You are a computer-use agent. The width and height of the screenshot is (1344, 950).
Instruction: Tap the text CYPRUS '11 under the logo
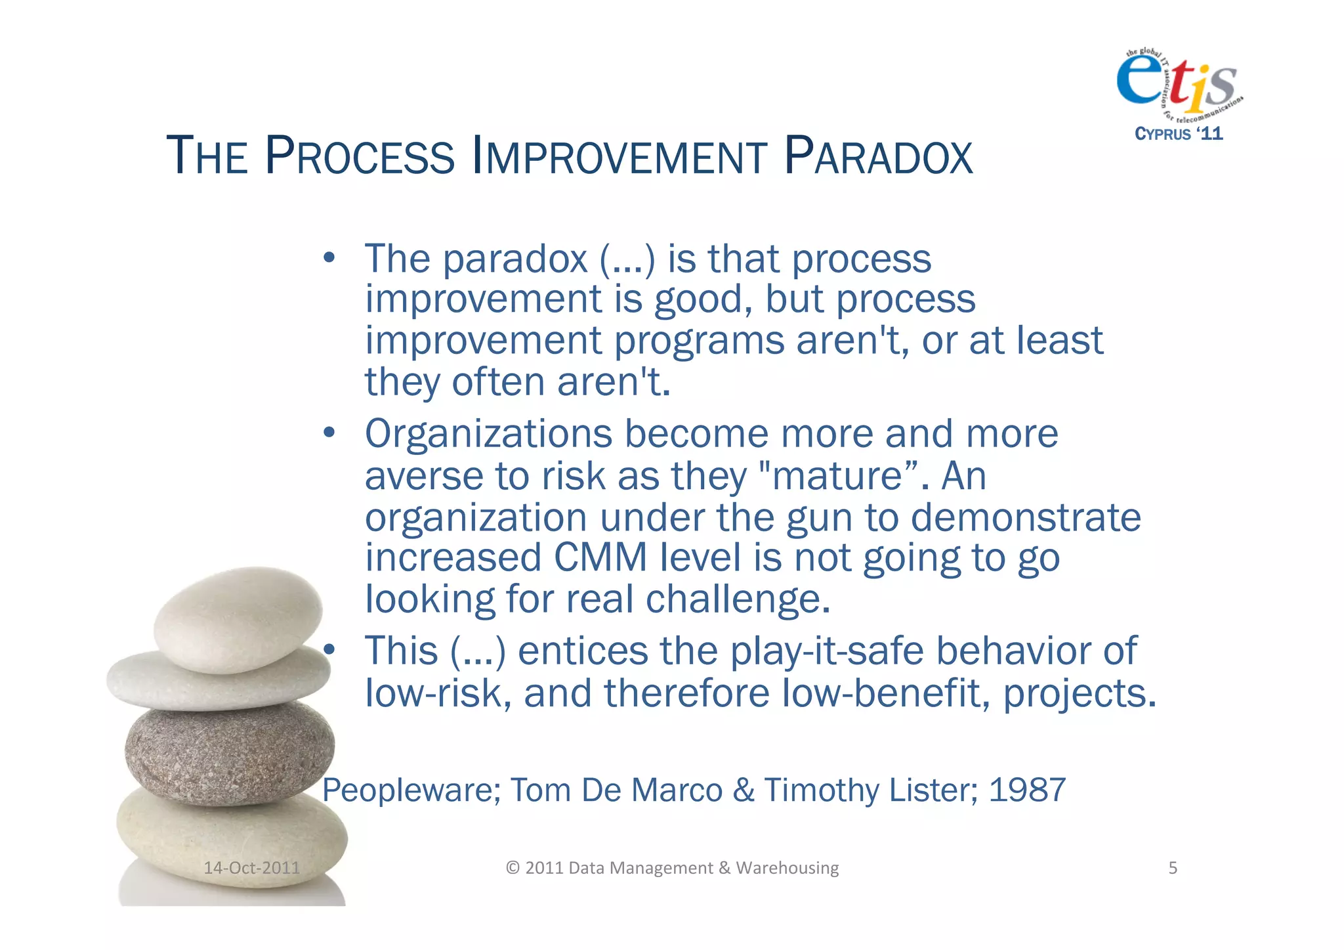point(1179,134)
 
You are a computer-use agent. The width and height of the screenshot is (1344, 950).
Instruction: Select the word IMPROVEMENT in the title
point(619,157)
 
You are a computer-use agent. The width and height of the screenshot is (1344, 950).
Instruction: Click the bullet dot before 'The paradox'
point(329,257)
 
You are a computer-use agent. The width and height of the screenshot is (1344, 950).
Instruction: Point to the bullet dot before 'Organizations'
point(329,433)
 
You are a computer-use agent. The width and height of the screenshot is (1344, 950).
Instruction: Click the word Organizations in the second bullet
point(488,434)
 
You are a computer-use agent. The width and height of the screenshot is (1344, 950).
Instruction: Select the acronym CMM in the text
point(600,558)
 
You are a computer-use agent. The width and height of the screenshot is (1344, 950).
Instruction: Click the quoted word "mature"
point(838,476)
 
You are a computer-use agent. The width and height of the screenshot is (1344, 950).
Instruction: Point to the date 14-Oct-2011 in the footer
point(251,868)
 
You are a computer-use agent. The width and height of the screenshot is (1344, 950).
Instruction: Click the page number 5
point(1173,868)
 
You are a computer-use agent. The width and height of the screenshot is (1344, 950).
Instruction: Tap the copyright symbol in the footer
point(513,868)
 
